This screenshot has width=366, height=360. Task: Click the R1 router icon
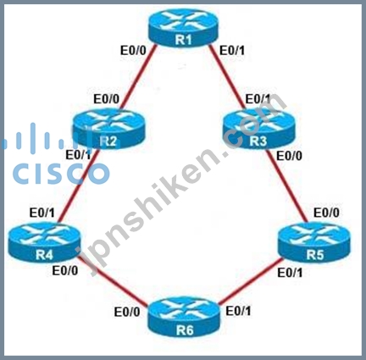[183, 27]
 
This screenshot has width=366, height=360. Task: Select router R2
[108, 129]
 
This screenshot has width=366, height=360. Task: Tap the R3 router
[258, 129]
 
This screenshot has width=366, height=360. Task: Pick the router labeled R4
[44, 242]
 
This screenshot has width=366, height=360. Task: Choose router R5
[314, 242]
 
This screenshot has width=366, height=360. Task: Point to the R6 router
[184, 317]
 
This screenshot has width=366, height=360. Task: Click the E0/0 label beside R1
[133, 51]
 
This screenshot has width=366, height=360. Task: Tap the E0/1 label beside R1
[232, 51]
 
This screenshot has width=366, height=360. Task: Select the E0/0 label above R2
[107, 99]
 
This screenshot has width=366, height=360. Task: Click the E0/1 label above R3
[258, 99]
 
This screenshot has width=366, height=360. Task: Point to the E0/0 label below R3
[289, 156]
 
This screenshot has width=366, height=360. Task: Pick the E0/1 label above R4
[42, 213]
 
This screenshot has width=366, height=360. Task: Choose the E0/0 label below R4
[65, 271]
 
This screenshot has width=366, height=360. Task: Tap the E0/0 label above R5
[326, 213]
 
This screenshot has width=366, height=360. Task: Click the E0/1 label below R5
[290, 273]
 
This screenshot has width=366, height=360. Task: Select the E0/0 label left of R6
[127, 312]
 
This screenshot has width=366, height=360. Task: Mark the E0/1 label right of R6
[238, 311]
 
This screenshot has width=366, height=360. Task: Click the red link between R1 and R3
[228, 77]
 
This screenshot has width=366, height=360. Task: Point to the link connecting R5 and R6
[250, 281]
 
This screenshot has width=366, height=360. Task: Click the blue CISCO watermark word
[61, 173]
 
